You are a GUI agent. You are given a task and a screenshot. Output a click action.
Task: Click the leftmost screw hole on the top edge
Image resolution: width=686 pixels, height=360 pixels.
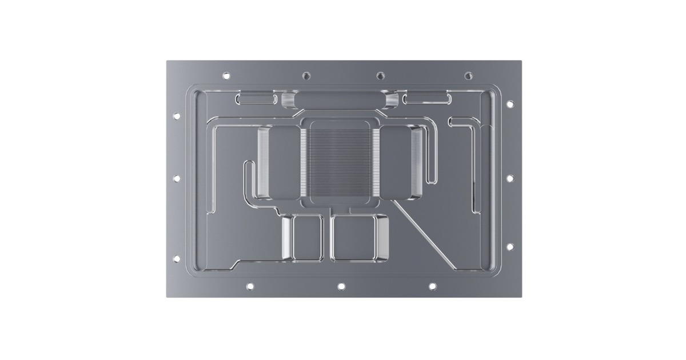226,75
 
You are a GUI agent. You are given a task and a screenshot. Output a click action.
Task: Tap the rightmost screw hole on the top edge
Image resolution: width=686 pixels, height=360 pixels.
468,75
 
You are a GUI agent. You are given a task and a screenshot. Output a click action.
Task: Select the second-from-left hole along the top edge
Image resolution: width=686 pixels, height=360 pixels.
306,75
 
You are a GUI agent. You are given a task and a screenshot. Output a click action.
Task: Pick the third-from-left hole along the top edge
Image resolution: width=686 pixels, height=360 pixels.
380,75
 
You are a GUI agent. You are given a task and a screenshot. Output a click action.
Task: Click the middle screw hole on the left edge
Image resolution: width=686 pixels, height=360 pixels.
177,178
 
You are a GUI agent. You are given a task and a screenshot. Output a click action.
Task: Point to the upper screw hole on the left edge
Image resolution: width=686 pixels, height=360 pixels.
177,116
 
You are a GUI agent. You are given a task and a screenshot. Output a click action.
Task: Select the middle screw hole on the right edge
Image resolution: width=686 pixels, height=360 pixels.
510,178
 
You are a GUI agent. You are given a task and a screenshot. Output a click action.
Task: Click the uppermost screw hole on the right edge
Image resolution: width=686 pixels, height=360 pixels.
510,104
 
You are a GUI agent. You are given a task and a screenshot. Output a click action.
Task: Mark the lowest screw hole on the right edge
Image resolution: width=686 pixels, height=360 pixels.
510,247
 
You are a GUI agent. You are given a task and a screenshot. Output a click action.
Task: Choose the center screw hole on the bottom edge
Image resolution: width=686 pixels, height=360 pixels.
341,286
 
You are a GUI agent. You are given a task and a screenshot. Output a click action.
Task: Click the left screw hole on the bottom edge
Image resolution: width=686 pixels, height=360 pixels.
250,286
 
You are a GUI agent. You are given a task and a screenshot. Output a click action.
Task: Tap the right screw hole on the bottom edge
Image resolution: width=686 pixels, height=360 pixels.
432,286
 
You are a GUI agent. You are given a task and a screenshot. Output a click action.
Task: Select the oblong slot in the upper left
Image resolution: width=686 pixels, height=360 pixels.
256,99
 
